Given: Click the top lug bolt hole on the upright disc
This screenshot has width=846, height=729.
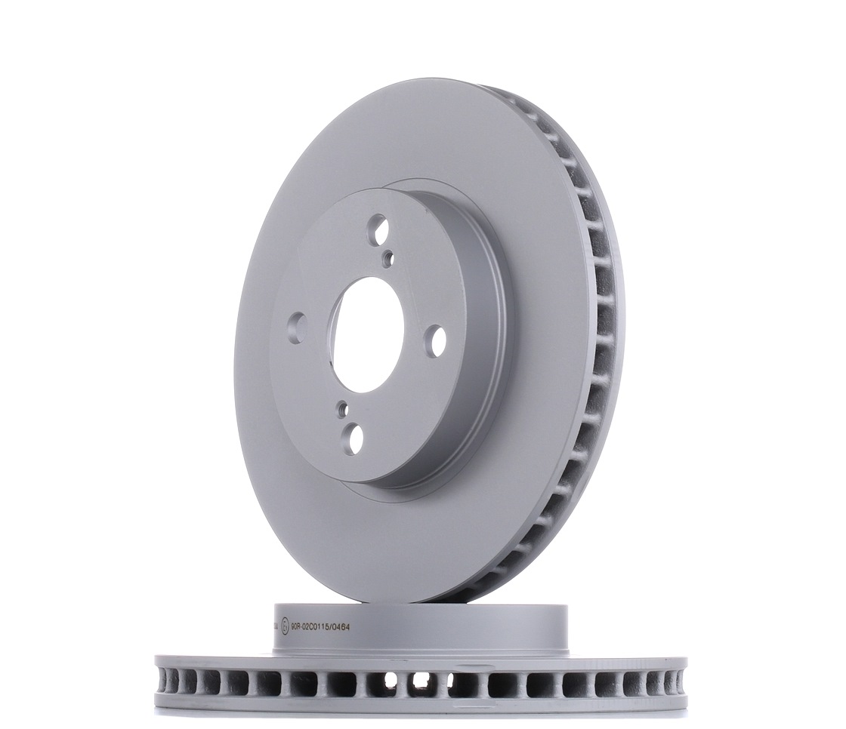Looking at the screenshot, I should [378, 229].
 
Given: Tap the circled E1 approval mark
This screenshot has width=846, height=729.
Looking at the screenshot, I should [285, 626].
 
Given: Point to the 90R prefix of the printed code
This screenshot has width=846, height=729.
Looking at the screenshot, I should [296, 626].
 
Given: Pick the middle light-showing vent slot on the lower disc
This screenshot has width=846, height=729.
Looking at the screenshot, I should [421, 679].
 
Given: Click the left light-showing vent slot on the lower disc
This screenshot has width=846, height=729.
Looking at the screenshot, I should [391, 680].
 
